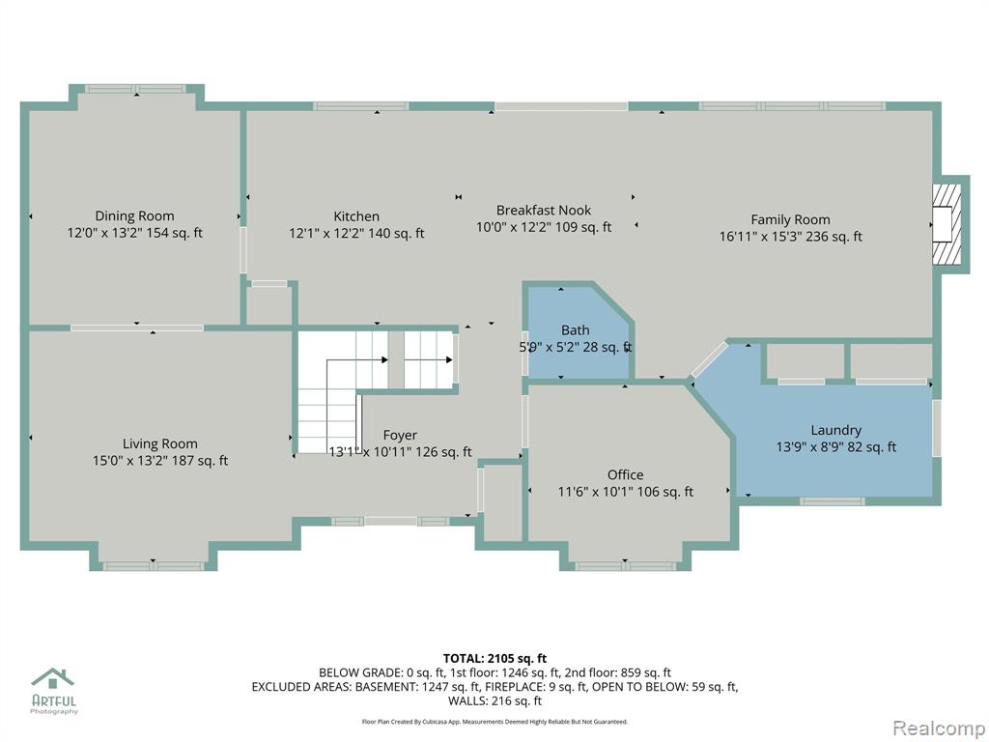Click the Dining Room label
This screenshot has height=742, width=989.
[134, 215]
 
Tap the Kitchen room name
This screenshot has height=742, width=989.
[356, 216]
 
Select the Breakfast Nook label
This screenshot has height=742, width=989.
[544, 210]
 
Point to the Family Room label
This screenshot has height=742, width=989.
[790, 219]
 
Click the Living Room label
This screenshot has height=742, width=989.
[160, 443]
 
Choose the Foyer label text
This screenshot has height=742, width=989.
[400, 436]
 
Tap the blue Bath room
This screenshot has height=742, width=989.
[578, 333]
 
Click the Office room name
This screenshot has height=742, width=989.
[626, 474]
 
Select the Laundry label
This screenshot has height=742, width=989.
[835, 430]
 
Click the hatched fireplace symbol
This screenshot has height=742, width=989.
[947, 224]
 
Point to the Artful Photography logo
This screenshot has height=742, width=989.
[54, 691]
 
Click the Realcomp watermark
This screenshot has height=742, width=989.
[939, 728]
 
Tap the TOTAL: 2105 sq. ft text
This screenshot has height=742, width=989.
[495, 659]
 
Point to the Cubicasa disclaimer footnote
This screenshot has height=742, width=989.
[495, 721]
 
